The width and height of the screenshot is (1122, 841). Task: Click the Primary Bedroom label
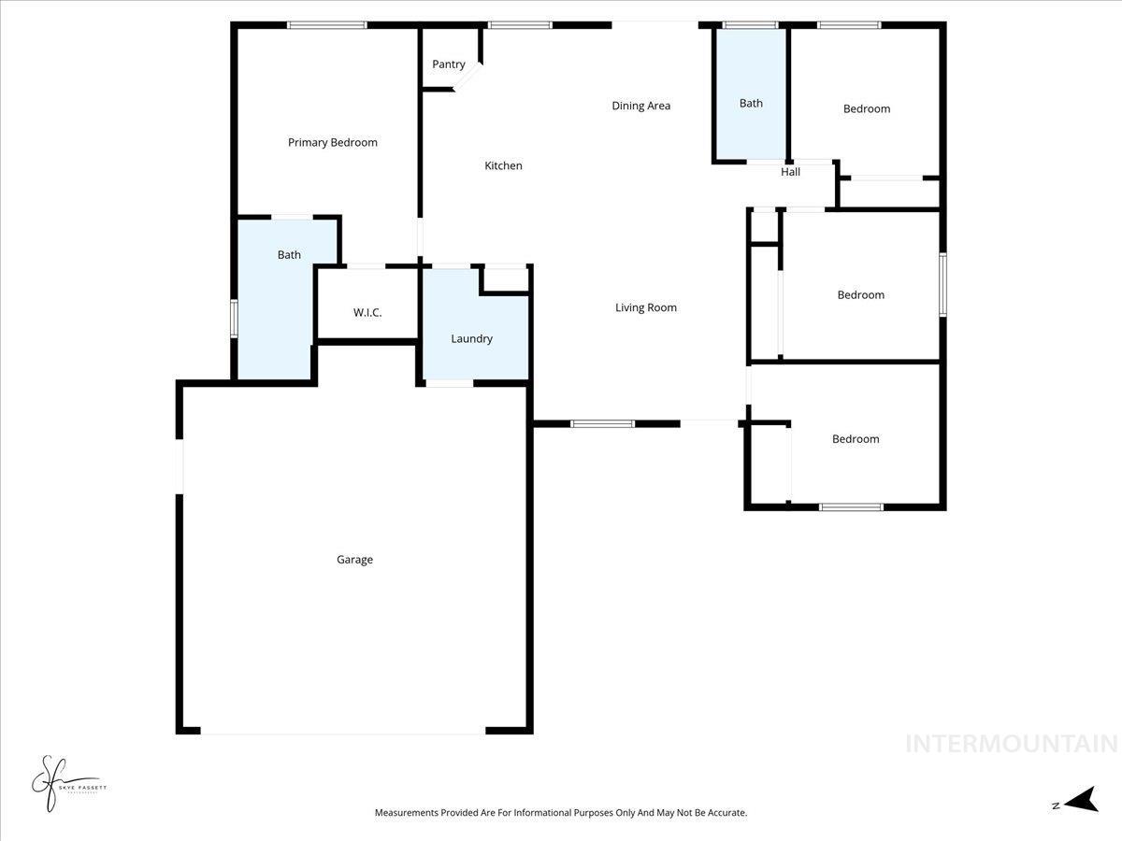click(332, 143)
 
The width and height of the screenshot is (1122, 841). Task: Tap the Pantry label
click(449, 64)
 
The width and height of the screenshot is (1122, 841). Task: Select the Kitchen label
click(503, 166)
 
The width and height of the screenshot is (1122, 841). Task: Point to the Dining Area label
click(640, 106)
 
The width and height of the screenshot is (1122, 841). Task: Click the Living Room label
click(645, 307)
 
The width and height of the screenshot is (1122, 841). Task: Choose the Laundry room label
click(471, 339)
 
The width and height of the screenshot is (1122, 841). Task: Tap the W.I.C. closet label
click(367, 313)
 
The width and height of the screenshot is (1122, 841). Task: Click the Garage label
click(354, 560)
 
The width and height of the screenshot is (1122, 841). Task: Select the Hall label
click(790, 172)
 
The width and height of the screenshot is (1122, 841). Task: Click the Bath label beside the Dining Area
click(751, 104)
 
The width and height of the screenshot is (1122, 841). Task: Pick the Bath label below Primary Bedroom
click(289, 255)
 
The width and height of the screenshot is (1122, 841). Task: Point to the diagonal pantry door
click(467, 76)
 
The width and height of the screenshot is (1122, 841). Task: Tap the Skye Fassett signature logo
click(65, 784)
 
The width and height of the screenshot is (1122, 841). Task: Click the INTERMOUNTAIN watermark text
click(1011, 744)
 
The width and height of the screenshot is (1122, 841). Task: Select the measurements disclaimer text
click(561, 813)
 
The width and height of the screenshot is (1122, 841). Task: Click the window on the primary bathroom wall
click(234, 317)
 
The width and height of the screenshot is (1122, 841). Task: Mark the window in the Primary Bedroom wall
click(326, 25)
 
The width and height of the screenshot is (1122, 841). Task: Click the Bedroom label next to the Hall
click(866, 109)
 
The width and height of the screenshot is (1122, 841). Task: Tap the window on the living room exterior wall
click(602, 424)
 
